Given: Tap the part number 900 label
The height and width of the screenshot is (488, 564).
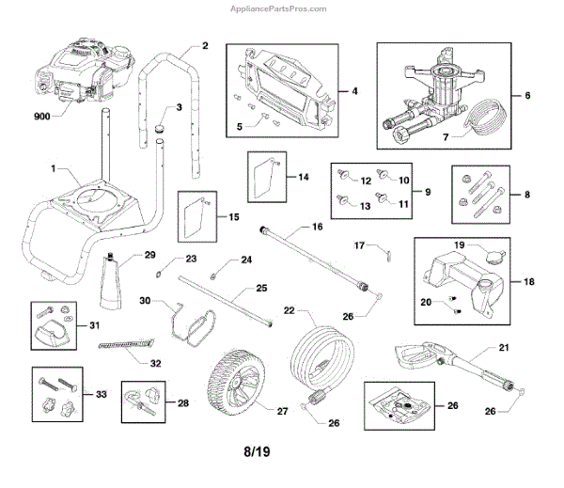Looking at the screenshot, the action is click(41, 117).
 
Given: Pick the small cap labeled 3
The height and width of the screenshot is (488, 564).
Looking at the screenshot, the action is click(159, 128).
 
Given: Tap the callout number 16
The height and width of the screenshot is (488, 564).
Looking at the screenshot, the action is click(318, 227).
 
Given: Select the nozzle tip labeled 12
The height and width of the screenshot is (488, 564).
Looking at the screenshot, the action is click(343, 175).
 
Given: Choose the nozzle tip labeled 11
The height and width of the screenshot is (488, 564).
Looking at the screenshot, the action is click(381, 197).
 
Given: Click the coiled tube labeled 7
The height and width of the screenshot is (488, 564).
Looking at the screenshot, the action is click(479, 117).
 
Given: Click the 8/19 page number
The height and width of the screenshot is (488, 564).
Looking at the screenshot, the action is click(257, 451).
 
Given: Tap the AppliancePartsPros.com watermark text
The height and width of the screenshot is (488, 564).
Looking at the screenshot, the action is click(278, 8).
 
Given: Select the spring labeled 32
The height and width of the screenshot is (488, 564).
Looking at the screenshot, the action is click(126, 344).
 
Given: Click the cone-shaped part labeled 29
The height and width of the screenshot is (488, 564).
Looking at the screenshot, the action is click(110, 281).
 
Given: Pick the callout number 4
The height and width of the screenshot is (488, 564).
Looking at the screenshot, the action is click(354, 91).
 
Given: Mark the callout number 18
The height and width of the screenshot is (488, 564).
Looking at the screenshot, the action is click(528, 281).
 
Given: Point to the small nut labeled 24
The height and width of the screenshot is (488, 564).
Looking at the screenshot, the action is click(212, 276).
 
